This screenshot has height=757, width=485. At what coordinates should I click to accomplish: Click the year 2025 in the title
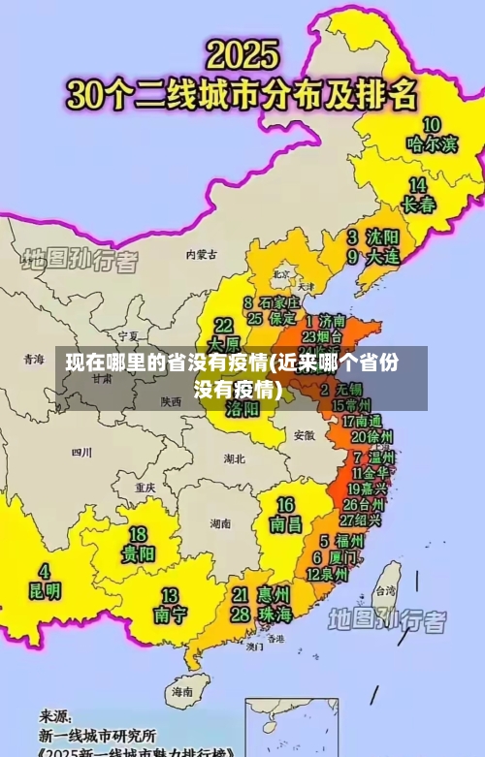[242, 53]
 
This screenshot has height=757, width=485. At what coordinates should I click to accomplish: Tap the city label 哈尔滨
[432, 144]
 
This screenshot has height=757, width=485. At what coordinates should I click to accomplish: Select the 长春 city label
[418, 205]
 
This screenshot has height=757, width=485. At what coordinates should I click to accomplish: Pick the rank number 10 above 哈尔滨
[431, 124]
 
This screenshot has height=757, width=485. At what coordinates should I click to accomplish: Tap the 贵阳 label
[138, 554]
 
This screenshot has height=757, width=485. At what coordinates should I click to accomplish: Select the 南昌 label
[285, 525]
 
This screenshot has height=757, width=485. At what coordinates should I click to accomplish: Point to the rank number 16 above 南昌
[285, 505]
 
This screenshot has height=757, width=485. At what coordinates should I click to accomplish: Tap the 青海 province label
[34, 359]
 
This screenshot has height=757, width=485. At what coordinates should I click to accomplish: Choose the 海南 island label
[182, 692]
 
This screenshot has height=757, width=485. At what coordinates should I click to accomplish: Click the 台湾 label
[385, 590]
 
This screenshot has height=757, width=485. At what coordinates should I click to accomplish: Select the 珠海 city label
[275, 615]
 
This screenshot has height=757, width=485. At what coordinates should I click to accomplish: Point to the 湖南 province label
[220, 522]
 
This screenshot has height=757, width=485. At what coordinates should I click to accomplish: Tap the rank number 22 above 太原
[223, 325]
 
